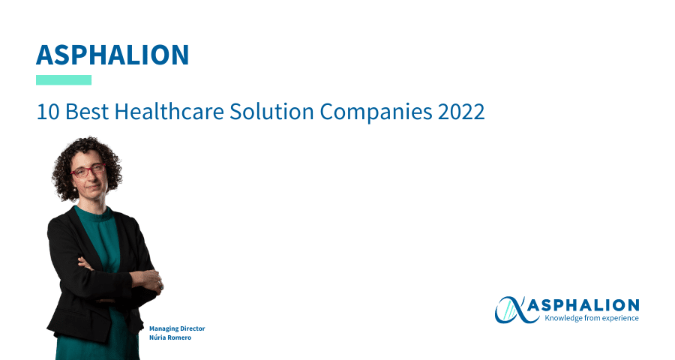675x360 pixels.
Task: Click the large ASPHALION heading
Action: pyautogui.click(x=112, y=55)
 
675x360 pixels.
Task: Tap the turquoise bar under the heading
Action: pyautogui.click(x=64, y=80)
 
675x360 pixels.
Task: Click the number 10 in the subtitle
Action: pyautogui.click(x=48, y=112)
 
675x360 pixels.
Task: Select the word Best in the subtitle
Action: pyautogui.click(x=87, y=112)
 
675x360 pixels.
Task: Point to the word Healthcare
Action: pyautogui.click(x=169, y=112)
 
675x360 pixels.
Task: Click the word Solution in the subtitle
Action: pyautogui.click(x=271, y=112)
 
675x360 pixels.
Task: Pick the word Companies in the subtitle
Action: pyautogui.click(x=376, y=112)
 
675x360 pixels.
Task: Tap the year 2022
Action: pyautogui.click(x=461, y=112)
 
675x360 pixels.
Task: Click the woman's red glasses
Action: pyautogui.click(x=88, y=170)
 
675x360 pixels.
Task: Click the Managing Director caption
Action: pyautogui.click(x=177, y=328)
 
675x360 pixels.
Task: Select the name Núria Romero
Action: pyautogui.click(x=170, y=337)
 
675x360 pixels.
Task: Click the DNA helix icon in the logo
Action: pyautogui.click(x=511, y=310)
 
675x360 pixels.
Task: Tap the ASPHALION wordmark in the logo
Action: pyautogui.click(x=583, y=305)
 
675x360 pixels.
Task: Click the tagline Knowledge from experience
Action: pyautogui.click(x=592, y=318)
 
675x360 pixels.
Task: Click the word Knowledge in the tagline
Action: pyautogui.click(x=560, y=318)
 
